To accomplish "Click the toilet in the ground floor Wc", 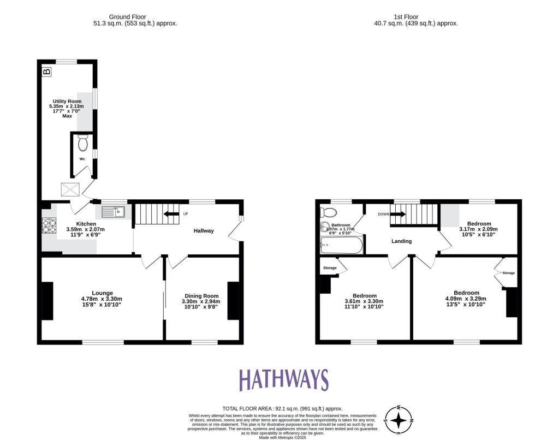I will pyautogui.click(x=83, y=144).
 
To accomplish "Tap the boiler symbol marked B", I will pyautogui.click(x=47, y=71).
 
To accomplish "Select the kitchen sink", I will pyautogui.click(x=113, y=211).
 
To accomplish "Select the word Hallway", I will pyautogui.click(x=204, y=231).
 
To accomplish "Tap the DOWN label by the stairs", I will pyautogui.click(x=383, y=214).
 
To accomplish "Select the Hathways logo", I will pyautogui.click(x=284, y=380).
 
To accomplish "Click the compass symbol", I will pyautogui.click(x=399, y=420).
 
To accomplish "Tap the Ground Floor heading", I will pyautogui.click(x=135, y=17).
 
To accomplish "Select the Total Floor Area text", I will pyautogui.click(x=282, y=408).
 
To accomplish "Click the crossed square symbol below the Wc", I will pyautogui.click(x=70, y=189).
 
